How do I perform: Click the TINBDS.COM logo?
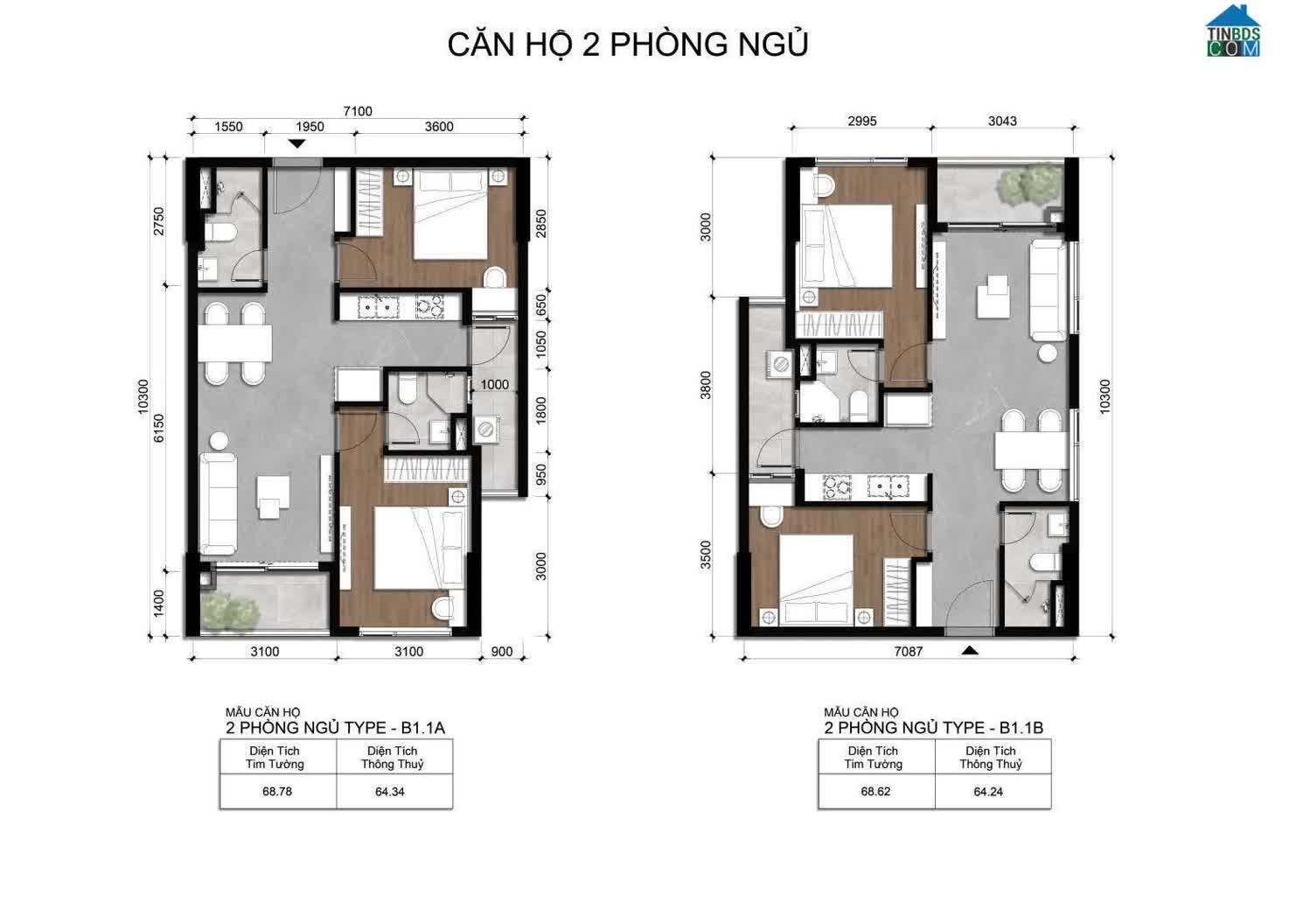1233,31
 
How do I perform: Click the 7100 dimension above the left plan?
357,111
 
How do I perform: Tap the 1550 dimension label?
228,127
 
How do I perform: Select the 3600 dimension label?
439,127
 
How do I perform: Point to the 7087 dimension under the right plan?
908,652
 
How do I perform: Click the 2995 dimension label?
861,121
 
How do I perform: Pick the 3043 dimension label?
1002,121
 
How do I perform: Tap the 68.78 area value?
277,792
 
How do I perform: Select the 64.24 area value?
988,792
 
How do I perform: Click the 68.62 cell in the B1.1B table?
875,792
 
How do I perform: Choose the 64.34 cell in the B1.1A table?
390,792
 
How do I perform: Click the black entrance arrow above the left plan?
297,143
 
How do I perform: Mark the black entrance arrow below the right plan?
970,651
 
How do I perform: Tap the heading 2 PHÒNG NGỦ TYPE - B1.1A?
335,728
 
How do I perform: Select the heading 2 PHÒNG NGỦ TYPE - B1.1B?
934,728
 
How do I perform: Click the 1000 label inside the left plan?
494,385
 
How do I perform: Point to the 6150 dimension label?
159,429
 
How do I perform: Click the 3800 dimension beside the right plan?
706,385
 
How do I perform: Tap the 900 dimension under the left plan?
501,652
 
